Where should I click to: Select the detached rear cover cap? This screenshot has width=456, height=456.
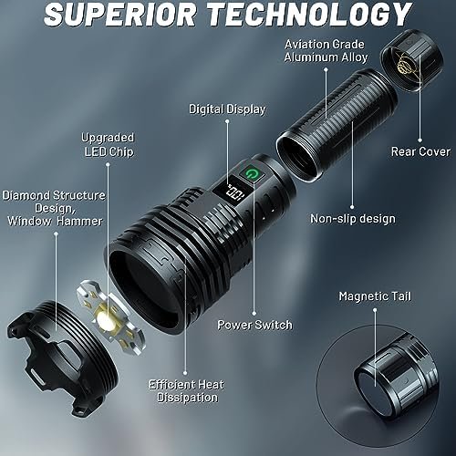pyautogui.click(x=412, y=61)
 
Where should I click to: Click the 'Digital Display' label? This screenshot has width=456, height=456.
pyautogui.click(x=227, y=109)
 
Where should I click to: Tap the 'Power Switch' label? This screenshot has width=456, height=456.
pyautogui.click(x=254, y=325)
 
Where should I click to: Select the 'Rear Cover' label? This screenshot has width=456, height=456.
pyautogui.click(x=420, y=151)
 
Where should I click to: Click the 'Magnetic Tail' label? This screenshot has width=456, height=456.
pyautogui.click(x=375, y=296)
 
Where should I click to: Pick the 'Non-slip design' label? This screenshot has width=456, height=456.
pyautogui.click(x=353, y=219)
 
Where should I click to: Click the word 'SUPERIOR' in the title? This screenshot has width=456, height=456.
pyautogui.click(x=119, y=15)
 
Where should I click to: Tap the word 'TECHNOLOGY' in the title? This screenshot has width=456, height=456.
pyautogui.click(x=309, y=15)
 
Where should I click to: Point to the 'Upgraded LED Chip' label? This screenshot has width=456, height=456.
pyautogui.click(x=109, y=145)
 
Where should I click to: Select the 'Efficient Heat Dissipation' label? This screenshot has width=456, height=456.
pyautogui.click(x=187, y=391)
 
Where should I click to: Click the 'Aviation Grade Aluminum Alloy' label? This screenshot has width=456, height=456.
pyautogui.click(x=326, y=51)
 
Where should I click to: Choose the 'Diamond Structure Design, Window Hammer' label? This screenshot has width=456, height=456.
pyautogui.click(x=54, y=208)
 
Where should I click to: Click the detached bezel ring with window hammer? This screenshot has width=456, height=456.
pyautogui.click(x=62, y=356)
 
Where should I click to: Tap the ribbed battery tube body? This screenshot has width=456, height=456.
pyautogui.click(x=337, y=125)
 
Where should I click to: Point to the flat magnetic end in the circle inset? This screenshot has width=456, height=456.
pyautogui.click(x=374, y=389)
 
